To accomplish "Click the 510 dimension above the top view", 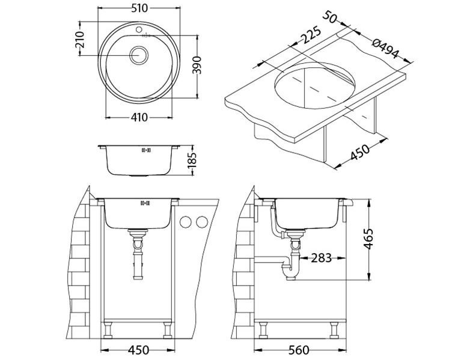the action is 139,8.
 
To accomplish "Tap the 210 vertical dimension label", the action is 79,40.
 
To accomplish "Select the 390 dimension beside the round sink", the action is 197,65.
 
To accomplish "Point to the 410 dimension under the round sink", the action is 139,117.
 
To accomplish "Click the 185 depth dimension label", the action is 192,160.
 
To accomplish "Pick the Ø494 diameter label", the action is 385,48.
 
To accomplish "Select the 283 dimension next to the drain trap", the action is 321,258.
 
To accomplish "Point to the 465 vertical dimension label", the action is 368,239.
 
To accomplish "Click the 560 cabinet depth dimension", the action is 299,350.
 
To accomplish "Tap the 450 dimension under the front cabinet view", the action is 138,350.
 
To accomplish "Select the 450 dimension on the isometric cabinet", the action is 359,153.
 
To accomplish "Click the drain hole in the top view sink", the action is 139,55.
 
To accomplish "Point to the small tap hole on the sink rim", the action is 139,29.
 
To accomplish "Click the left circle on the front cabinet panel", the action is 186,222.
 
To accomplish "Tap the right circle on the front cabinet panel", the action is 202,222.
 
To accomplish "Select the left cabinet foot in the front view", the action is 108,330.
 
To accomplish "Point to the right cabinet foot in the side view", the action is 334,330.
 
